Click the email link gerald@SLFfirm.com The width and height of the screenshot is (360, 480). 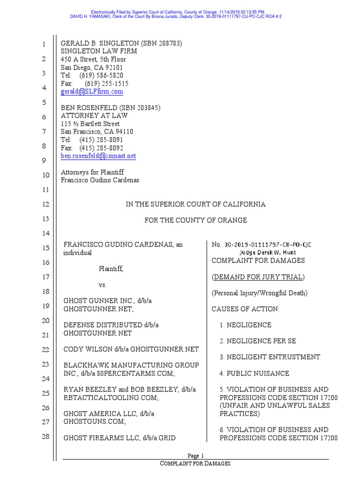point(92,91)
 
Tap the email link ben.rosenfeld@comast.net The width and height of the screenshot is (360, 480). point(98,156)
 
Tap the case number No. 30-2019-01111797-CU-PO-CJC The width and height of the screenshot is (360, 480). point(262,245)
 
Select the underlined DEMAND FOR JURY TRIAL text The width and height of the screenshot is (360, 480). point(258,277)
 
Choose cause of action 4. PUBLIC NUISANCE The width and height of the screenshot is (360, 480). point(255,374)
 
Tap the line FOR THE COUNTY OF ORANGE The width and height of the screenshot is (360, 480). point(195,220)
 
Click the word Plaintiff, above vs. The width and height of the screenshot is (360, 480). point(111,269)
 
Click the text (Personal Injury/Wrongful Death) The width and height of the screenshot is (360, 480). point(259,293)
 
